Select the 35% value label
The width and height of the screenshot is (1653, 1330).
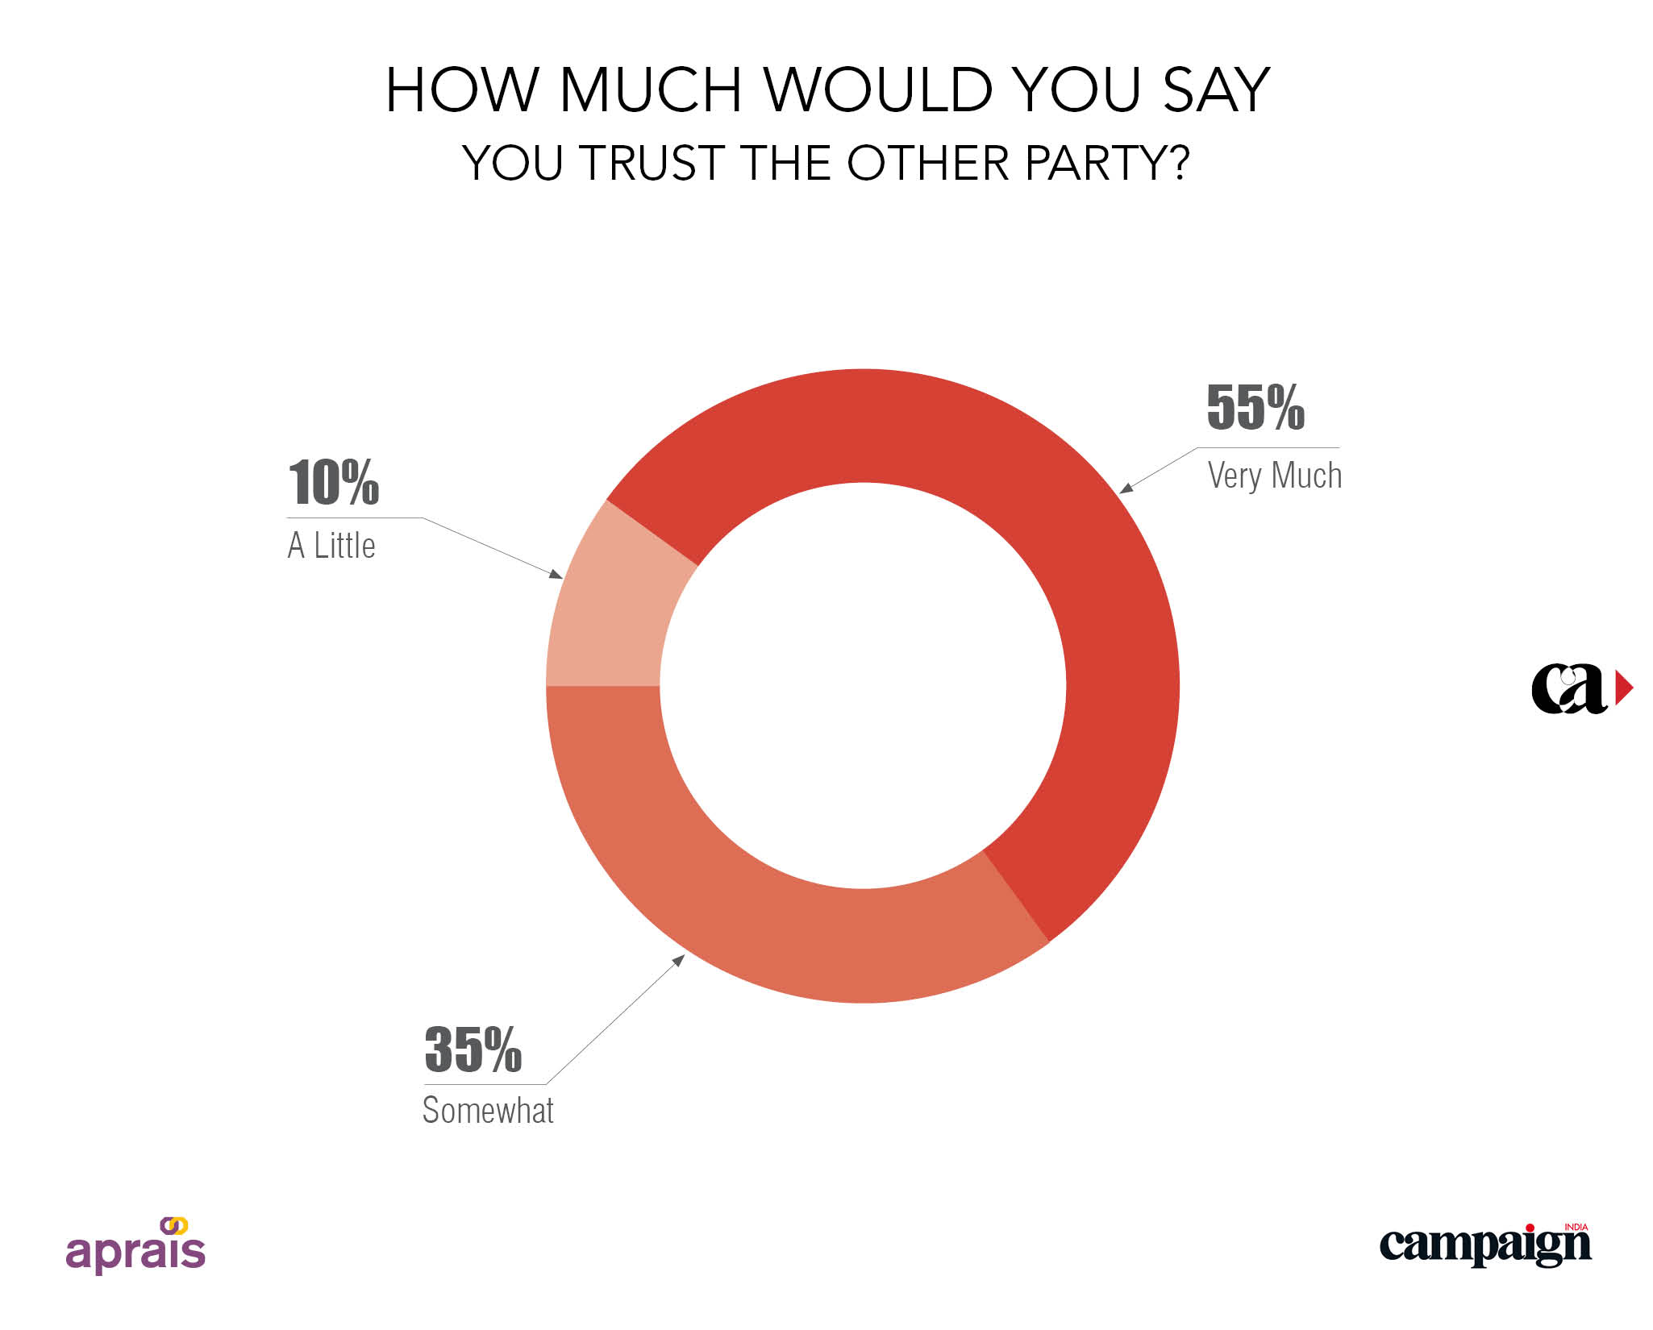coord(473,1049)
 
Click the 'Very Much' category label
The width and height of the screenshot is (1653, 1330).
coord(1274,476)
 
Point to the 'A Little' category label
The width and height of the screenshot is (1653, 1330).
coord(331,546)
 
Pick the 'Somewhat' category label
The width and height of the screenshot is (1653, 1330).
coord(488,1111)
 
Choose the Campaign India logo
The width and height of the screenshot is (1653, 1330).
coord(1485,1245)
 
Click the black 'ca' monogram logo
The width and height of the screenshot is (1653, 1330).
coord(1569,688)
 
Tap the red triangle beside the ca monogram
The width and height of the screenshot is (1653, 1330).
coord(1623,688)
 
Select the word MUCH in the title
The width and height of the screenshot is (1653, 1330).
coord(650,89)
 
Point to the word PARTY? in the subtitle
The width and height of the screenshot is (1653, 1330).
coord(1106,163)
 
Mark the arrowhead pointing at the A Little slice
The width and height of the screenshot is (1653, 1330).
coord(556,574)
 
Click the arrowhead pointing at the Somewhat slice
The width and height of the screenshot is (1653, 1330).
coord(679,960)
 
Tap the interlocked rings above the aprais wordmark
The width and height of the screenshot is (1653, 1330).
coord(174,1226)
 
